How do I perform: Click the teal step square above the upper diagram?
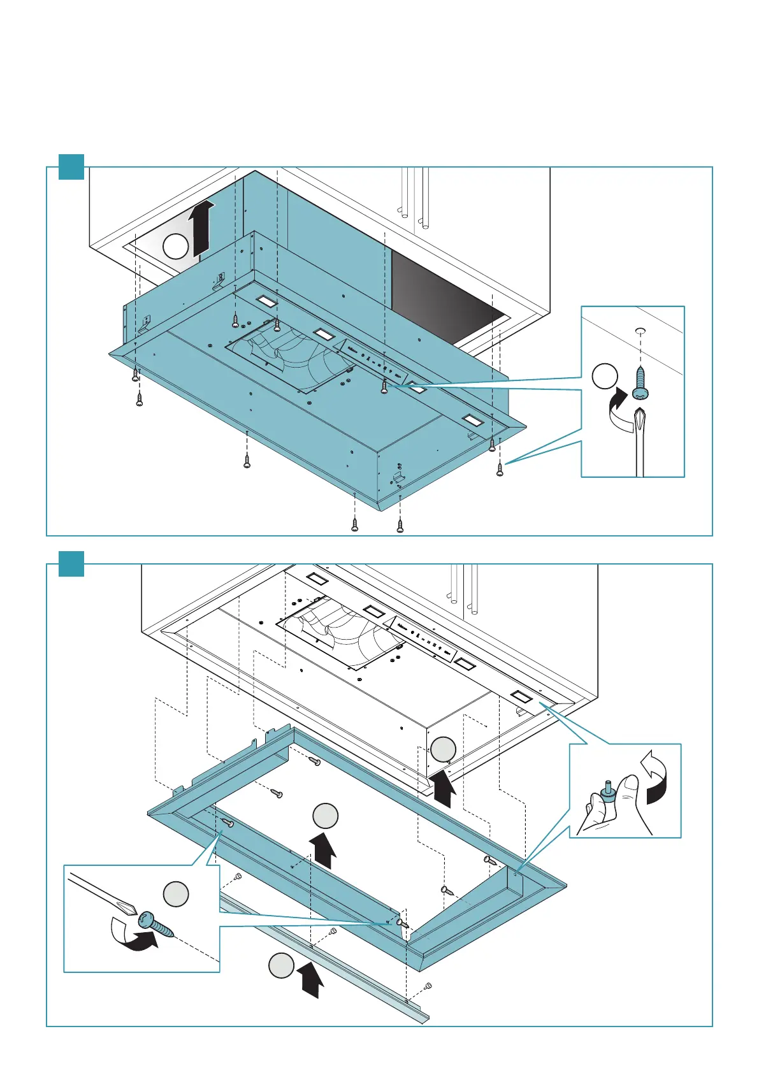[x=71, y=166]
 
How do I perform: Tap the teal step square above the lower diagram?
[x=71, y=563]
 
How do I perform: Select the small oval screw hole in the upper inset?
[x=640, y=330]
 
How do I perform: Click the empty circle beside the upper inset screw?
[x=605, y=377]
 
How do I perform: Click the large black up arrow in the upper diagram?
[x=201, y=226]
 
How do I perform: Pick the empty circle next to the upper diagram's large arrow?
[x=175, y=246]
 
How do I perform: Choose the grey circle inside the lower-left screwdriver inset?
[x=176, y=894]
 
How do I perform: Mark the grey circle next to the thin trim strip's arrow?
[x=280, y=966]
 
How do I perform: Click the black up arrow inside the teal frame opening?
[x=323, y=850]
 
